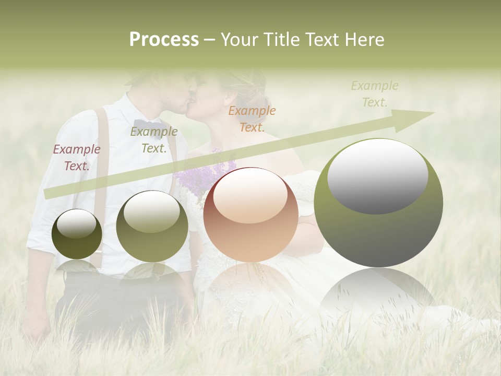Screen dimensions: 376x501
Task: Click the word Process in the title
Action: (x=164, y=40)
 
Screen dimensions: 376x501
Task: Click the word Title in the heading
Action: (x=282, y=40)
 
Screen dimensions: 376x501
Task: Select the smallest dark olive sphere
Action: (x=77, y=234)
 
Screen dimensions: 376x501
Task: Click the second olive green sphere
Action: (x=152, y=226)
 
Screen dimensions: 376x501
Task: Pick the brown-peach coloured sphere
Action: (x=250, y=215)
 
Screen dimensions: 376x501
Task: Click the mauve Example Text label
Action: (x=77, y=157)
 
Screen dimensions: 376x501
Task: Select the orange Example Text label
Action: (x=252, y=119)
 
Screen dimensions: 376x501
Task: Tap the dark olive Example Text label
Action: (x=153, y=139)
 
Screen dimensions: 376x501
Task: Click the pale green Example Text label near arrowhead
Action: (x=375, y=93)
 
